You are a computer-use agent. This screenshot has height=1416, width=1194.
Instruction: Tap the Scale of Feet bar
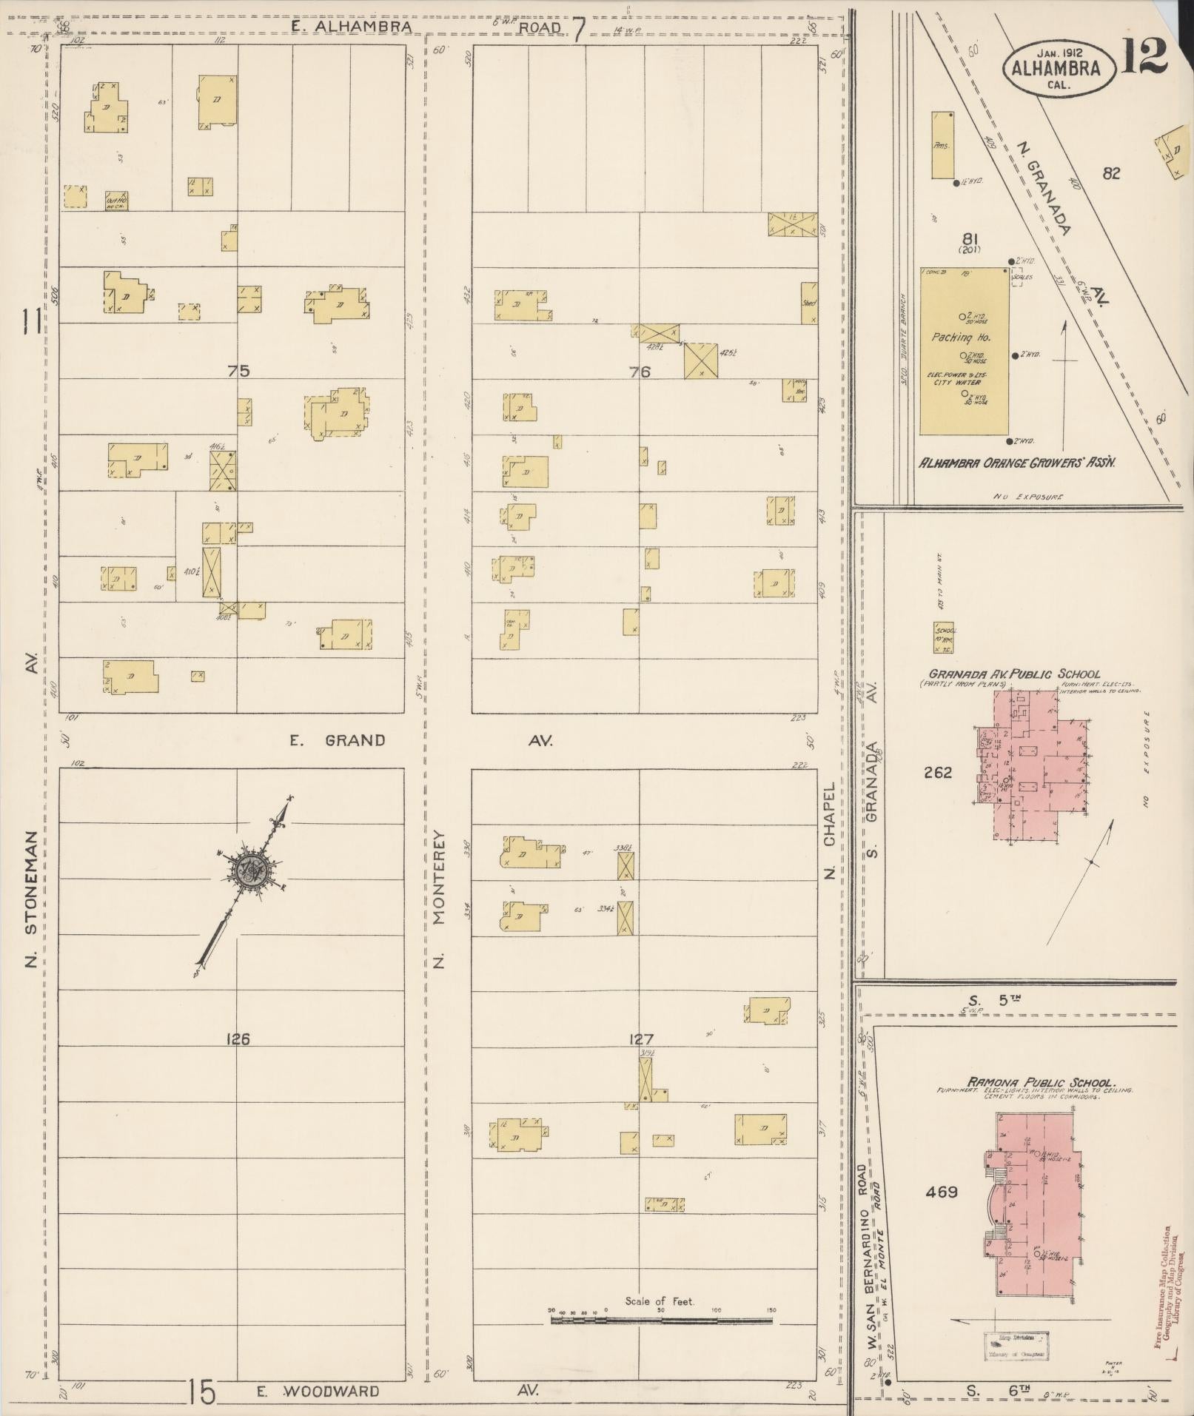pos(661,1321)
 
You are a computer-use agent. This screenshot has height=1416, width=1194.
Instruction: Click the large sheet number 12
pos(1143,56)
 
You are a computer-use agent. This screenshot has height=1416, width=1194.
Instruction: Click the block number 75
pos(238,372)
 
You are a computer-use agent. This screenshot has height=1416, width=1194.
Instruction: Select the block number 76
pos(640,372)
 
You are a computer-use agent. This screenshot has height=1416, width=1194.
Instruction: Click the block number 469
pos(941,1192)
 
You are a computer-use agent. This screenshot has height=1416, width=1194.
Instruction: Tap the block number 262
pos(938,773)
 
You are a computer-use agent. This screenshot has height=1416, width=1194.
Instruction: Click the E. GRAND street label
pos(338,740)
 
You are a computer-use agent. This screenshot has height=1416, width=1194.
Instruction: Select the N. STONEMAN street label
pos(32,899)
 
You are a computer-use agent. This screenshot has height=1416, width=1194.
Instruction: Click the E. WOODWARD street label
pos(318,1392)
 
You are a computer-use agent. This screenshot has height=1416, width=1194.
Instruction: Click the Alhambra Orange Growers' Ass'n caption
pos(1017,462)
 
